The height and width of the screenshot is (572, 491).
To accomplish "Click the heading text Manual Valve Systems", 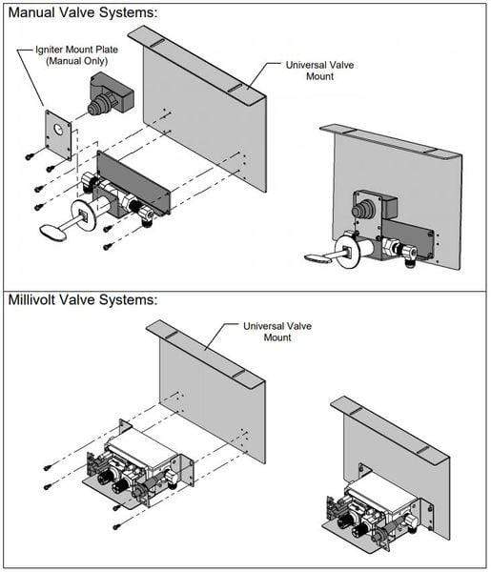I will click(81, 12).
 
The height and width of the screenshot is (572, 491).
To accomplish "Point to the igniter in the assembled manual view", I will click(366, 210).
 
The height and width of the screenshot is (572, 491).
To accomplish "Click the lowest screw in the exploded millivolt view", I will click(115, 525).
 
